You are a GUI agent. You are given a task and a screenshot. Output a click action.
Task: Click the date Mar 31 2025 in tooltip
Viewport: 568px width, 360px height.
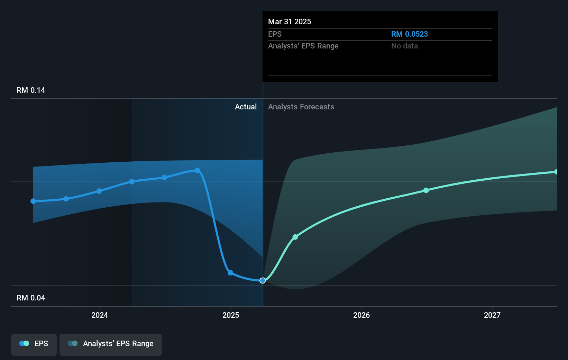[290, 21]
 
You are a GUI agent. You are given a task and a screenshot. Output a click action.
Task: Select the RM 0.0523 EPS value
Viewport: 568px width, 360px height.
[409, 34]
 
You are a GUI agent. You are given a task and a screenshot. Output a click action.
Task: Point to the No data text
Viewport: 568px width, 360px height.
[404, 46]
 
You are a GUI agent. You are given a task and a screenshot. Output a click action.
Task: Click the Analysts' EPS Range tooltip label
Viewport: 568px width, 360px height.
[303, 46]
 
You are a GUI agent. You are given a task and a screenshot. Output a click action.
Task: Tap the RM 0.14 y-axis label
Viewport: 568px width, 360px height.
[31, 90]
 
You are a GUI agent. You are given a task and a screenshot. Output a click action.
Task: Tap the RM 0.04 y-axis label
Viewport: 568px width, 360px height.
[31, 298]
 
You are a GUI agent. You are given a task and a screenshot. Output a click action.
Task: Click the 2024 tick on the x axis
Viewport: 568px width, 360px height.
[100, 315]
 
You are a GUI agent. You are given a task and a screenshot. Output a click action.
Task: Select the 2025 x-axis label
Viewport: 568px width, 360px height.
[231, 315]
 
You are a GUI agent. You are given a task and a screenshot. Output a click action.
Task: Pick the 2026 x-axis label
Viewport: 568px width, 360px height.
[361, 315]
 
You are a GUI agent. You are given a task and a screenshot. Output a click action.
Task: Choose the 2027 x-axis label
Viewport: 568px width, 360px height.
[492, 315]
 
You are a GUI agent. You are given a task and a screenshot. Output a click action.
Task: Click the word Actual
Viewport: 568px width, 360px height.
[246, 107]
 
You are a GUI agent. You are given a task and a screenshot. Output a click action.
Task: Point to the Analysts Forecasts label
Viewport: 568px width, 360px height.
[301, 107]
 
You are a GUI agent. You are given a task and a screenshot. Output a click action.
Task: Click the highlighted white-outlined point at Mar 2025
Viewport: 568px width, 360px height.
[263, 280]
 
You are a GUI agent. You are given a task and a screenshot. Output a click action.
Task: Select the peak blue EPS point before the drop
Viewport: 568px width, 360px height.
[197, 170]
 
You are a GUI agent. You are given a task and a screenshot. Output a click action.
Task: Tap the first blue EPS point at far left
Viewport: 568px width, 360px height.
[33, 201]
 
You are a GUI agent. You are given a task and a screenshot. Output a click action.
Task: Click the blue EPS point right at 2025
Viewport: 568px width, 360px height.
[230, 273]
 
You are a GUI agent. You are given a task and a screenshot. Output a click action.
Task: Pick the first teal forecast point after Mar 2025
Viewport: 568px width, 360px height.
[295, 237]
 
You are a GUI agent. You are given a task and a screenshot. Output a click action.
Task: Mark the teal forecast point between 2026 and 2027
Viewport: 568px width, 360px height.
[426, 190]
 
